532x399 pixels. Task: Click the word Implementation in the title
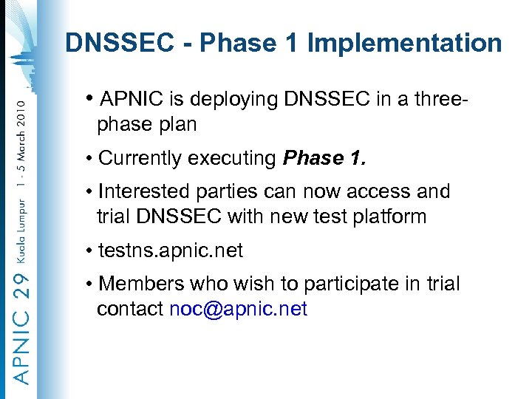(x=404, y=43)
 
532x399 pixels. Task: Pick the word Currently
(x=140, y=158)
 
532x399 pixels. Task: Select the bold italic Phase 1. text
(x=324, y=158)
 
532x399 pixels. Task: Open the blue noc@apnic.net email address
(x=238, y=309)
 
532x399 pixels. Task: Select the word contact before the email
(x=130, y=309)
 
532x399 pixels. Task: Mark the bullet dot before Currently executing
(x=89, y=159)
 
